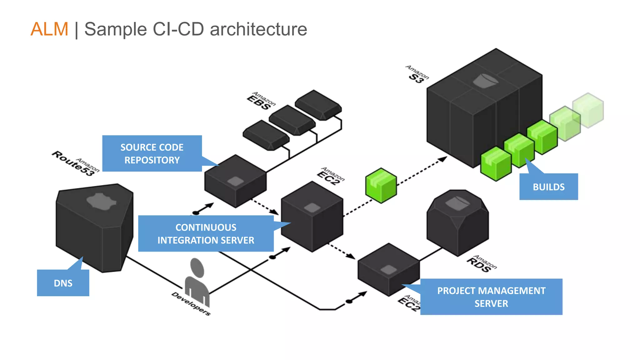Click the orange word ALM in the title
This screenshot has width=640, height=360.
tap(49, 29)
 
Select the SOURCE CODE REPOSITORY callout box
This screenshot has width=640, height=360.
tap(152, 153)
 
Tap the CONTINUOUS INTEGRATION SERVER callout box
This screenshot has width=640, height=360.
tap(206, 233)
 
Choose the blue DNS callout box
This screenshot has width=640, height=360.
tap(63, 283)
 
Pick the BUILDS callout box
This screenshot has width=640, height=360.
tap(549, 187)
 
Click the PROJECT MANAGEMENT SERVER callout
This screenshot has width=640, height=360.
tap(491, 297)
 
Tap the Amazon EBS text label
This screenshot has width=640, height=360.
tap(261, 101)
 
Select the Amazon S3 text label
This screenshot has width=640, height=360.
tap(417, 74)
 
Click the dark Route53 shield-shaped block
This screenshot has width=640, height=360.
tap(95, 228)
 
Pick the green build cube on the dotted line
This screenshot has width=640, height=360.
tap(381, 186)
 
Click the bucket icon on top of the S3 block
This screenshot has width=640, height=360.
tap(485, 81)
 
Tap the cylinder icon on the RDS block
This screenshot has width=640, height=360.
tap(457, 203)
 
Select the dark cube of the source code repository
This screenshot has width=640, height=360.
tap(235, 181)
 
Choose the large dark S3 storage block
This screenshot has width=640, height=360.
tap(484, 108)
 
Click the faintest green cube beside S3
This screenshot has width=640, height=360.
tap(588, 110)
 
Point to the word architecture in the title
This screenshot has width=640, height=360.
tap(258, 29)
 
